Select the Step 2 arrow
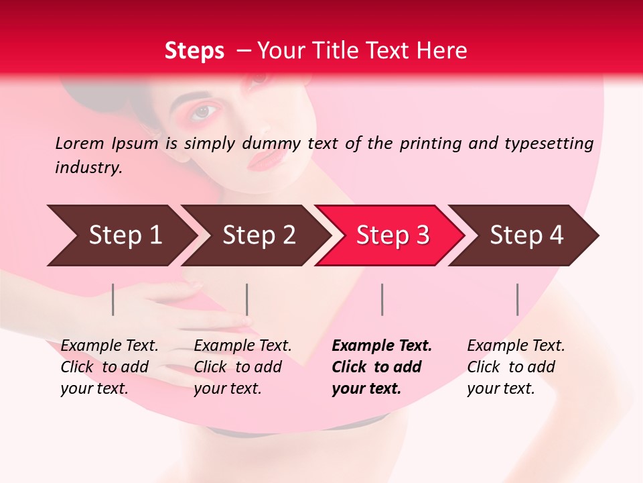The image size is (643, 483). (x=258, y=235)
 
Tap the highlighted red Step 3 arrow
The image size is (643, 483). (x=392, y=235)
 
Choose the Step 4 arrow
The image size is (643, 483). (x=526, y=235)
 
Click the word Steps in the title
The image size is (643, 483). (x=194, y=50)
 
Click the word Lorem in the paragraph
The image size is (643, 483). (x=79, y=143)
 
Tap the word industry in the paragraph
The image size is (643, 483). (x=88, y=168)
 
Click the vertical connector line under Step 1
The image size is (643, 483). (x=113, y=299)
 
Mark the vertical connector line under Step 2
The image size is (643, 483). (x=247, y=299)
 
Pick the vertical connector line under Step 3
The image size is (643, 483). (x=382, y=299)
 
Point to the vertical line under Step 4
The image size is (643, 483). (x=517, y=299)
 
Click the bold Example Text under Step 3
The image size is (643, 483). (x=382, y=346)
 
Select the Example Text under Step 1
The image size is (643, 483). (x=109, y=346)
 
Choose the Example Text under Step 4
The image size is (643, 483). (x=516, y=346)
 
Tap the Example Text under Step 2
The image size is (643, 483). (x=242, y=346)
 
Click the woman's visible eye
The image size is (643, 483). (x=204, y=112)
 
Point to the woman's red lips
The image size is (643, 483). (x=266, y=160)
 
